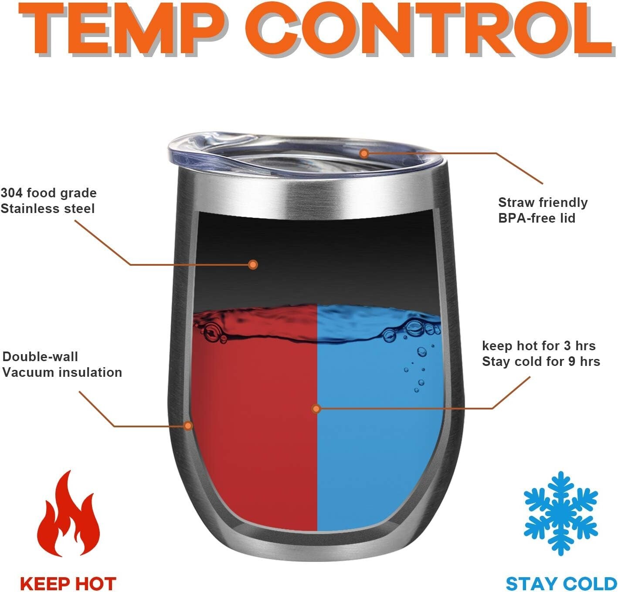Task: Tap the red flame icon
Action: coord(68,514)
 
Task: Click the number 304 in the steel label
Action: coord(11,193)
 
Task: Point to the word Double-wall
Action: coord(40,356)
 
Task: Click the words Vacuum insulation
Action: coord(62,372)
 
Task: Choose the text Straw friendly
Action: coord(543,202)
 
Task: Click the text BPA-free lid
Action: coord(537,218)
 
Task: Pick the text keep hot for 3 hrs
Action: coord(539,346)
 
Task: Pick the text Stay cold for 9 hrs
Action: coord(541,362)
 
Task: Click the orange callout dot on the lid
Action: coord(364,154)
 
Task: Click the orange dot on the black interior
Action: coord(253,264)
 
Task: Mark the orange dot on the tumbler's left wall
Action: coord(188,426)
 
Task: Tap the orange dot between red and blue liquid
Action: coord(316,409)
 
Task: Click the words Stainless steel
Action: coord(48,209)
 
